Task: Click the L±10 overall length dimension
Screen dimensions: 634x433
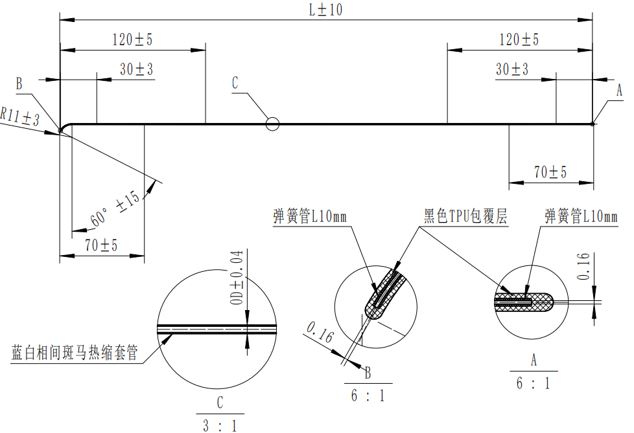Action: click(325, 10)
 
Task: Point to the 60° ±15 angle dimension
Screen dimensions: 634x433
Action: click(115, 208)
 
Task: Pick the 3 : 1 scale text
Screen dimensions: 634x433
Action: click(220, 426)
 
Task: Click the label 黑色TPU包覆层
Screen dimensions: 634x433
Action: click(465, 216)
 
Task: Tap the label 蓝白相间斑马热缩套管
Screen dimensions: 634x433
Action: click(75, 353)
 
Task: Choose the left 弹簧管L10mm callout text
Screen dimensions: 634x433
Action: click(310, 216)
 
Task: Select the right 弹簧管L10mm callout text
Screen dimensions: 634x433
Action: click(581, 216)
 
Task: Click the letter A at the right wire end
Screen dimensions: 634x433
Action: click(619, 91)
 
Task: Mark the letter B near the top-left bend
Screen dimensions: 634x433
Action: click(19, 83)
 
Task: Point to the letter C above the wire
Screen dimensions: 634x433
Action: click(235, 83)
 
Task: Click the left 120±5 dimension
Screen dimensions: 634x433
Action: click(132, 39)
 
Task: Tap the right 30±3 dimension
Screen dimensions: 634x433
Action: click(512, 69)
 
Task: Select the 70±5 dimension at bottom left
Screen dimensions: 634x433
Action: click(101, 245)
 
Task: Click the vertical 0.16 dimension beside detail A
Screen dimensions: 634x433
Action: click(583, 267)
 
